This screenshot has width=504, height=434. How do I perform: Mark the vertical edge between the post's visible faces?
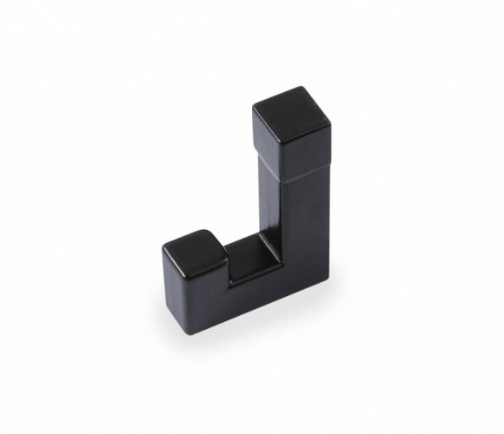click(290, 226)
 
